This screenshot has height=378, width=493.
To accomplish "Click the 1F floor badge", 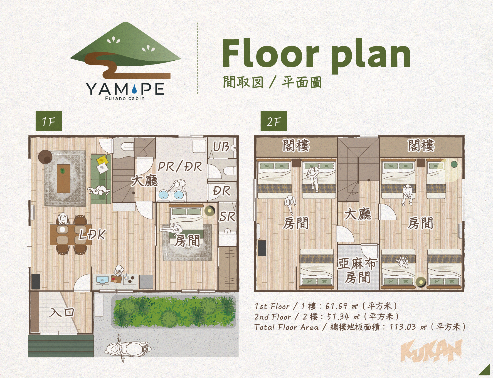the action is coord(49,121).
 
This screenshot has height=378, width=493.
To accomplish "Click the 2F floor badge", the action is coord(274,121).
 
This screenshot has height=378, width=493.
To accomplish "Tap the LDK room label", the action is coord(92,234).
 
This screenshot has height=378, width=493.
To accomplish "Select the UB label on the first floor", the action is coord(221,147).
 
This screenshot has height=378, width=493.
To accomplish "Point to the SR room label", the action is coord(227,217).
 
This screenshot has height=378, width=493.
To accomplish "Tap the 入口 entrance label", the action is coord(62,312).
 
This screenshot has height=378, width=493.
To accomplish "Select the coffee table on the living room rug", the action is coord(64,179).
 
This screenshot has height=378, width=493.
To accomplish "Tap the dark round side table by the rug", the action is coord(45,157).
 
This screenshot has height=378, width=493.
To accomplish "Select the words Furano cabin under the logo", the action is coord(125,98).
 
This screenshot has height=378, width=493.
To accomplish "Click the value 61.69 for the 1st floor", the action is coord(336,306).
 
